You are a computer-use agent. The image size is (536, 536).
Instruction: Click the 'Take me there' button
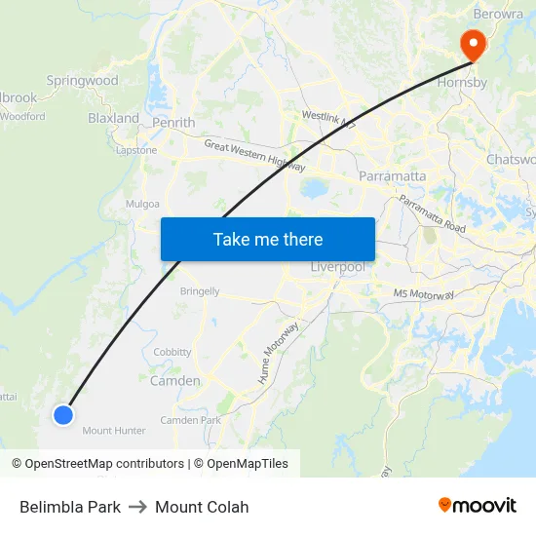pyautogui.click(x=268, y=239)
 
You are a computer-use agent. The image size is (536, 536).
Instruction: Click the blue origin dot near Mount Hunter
pyautogui.click(x=63, y=415)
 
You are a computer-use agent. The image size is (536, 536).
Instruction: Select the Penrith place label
pyautogui.click(x=173, y=123)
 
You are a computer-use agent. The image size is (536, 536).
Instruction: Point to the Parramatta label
pyautogui.click(x=393, y=176)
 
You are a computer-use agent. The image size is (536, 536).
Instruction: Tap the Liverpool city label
pyautogui.click(x=337, y=267)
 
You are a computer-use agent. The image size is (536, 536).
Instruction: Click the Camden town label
pyautogui.click(x=174, y=381)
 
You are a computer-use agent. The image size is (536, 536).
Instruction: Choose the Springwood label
pyautogui.click(x=82, y=81)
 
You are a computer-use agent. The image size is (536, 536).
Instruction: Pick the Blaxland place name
pyautogui.click(x=114, y=118)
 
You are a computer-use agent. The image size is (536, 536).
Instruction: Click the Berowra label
pyautogui.click(x=499, y=15)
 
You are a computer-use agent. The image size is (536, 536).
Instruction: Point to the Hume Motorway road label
pyautogui.click(x=280, y=352)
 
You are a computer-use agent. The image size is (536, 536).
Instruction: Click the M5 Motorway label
pyautogui.click(x=425, y=293)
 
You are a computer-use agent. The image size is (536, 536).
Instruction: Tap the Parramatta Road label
pyautogui.click(x=432, y=214)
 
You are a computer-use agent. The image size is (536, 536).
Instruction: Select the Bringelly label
pyautogui.click(x=200, y=291)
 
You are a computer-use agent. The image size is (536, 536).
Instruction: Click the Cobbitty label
pyautogui.click(x=172, y=352)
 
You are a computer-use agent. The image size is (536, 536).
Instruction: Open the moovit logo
pyautogui.click(x=477, y=506)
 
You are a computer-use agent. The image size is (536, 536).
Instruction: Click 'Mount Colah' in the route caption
pyautogui.click(x=202, y=507)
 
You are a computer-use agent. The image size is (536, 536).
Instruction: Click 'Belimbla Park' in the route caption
pyautogui.click(x=70, y=507)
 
